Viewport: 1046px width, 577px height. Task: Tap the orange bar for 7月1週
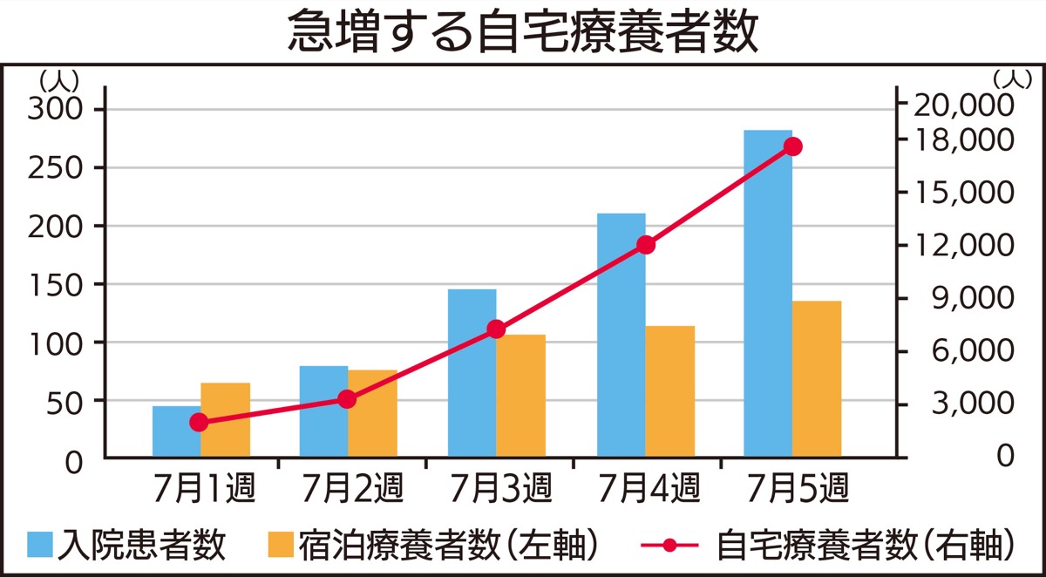[x=225, y=420]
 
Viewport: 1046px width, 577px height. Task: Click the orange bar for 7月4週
[x=669, y=391]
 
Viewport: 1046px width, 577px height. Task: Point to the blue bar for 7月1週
[x=176, y=431]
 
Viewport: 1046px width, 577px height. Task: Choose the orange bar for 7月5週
[x=817, y=379]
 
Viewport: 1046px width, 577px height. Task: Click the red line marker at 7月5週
[x=792, y=146]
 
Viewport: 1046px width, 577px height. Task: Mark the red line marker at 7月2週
[x=347, y=399]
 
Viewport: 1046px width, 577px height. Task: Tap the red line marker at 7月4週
[x=645, y=245]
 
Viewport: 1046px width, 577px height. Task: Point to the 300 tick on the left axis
[x=54, y=109]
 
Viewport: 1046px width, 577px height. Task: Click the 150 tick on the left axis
[x=54, y=284]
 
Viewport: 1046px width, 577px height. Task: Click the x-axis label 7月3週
[x=499, y=487]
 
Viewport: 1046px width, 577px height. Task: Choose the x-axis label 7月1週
[x=204, y=487]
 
